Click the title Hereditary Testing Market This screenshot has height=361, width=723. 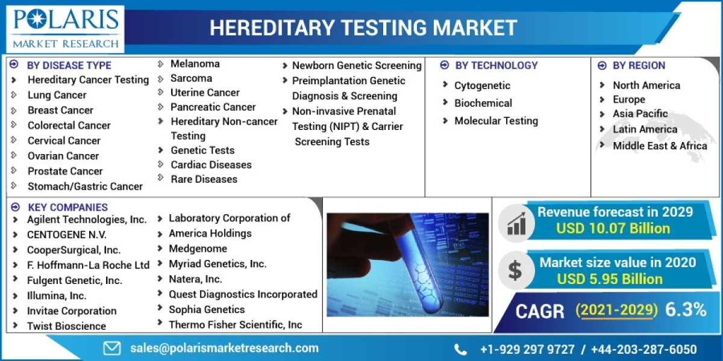tap(363, 28)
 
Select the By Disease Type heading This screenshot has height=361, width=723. tap(69, 65)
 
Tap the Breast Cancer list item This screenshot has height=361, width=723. tap(60, 110)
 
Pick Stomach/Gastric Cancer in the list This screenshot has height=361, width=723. tap(85, 186)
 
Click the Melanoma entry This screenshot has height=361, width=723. tap(195, 64)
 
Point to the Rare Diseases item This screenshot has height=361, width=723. tap(204, 179)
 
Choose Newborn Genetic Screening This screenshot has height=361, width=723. tap(357, 66)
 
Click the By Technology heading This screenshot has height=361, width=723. tap(496, 65)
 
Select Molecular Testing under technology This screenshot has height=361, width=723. tap(496, 121)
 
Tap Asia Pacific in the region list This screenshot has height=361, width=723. tap(640, 114)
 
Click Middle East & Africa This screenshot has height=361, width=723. tap(660, 146)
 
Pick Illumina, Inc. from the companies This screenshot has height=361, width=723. tap(57, 295)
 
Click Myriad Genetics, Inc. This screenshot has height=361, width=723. tap(218, 264)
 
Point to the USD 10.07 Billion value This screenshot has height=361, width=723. tap(613, 228)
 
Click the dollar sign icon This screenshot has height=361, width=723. tap(515, 270)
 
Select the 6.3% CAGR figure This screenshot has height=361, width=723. tap(686, 310)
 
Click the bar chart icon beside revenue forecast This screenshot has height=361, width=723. tap(516, 223)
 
